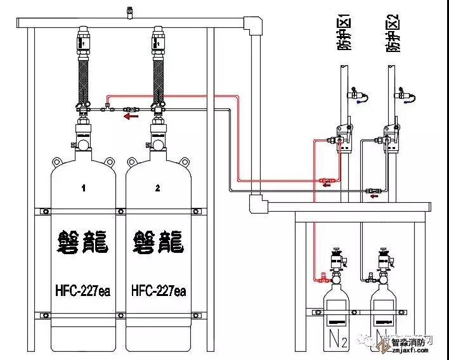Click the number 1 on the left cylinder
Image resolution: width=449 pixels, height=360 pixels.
(x=83, y=188)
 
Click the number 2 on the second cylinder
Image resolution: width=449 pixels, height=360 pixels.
(x=158, y=188)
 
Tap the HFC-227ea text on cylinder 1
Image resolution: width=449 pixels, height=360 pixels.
(x=84, y=291)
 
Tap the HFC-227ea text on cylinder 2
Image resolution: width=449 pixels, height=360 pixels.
(x=159, y=291)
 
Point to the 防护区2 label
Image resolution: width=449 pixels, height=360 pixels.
(x=394, y=35)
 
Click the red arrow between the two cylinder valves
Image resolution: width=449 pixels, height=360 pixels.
(x=131, y=117)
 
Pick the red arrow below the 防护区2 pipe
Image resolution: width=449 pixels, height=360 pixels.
(x=374, y=196)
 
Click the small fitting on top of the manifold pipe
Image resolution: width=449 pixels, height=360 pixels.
(x=129, y=11)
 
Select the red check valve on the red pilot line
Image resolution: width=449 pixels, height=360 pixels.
(x=327, y=181)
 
